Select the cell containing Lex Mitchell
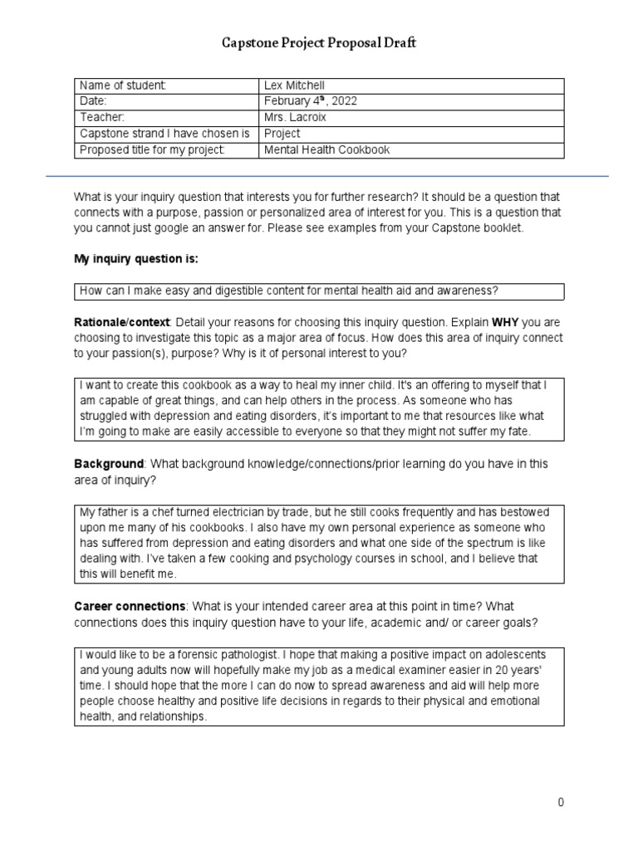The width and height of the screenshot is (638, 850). (x=294, y=85)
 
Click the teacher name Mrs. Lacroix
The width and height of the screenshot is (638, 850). (x=297, y=117)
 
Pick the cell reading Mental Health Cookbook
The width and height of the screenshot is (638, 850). (x=326, y=149)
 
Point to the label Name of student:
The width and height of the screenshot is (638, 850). (x=123, y=85)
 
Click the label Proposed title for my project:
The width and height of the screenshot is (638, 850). (x=152, y=149)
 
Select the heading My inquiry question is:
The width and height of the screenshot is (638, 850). (x=136, y=259)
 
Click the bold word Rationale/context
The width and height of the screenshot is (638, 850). (x=122, y=321)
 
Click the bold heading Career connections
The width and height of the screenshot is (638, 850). (x=130, y=607)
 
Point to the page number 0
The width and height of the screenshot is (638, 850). (x=561, y=802)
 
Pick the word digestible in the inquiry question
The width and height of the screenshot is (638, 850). (x=220, y=291)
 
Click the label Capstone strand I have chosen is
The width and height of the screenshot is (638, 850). (x=164, y=133)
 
